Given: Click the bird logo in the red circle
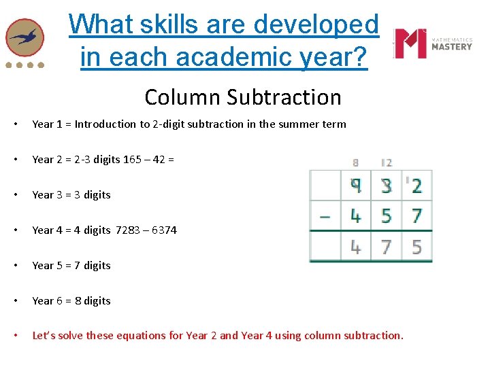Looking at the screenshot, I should pyautogui.click(x=24, y=37).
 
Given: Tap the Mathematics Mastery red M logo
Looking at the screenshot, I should pyautogui.click(x=411, y=43).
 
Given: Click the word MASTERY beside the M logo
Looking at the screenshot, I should pyautogui.click(x=452, y=47).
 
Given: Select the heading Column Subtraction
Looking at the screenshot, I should pyautogui.click(x=243, y=97).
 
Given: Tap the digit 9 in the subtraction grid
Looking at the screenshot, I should pyautogui.click(x=355, y=185).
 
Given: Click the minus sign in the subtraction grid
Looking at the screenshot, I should pyautogui.click(x=325, y=216).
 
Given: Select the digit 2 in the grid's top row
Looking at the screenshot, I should pyautogui.click(x=416, y=185).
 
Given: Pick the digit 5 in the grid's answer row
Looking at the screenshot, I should pyautogui.click(x=416, y=247).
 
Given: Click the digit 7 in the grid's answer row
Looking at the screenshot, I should pyautogui.click(x=386, y=247).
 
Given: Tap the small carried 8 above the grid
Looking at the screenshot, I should pyautogui.click(x=355, y=163).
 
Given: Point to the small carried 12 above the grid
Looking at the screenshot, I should pyautogui.click(x=386, y=163).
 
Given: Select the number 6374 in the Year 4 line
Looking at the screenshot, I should pyautogui.click(x=164, y=230).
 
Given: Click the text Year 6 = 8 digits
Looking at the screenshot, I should pyautogui.click(x=71, y=301).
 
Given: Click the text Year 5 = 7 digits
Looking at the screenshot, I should pyautogui.click(x=71, y=266).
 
